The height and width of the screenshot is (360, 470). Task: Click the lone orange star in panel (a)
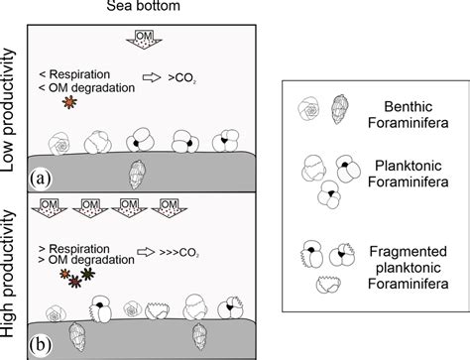click(67, 103)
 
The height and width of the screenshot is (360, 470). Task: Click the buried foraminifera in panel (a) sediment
click(136, 174)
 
